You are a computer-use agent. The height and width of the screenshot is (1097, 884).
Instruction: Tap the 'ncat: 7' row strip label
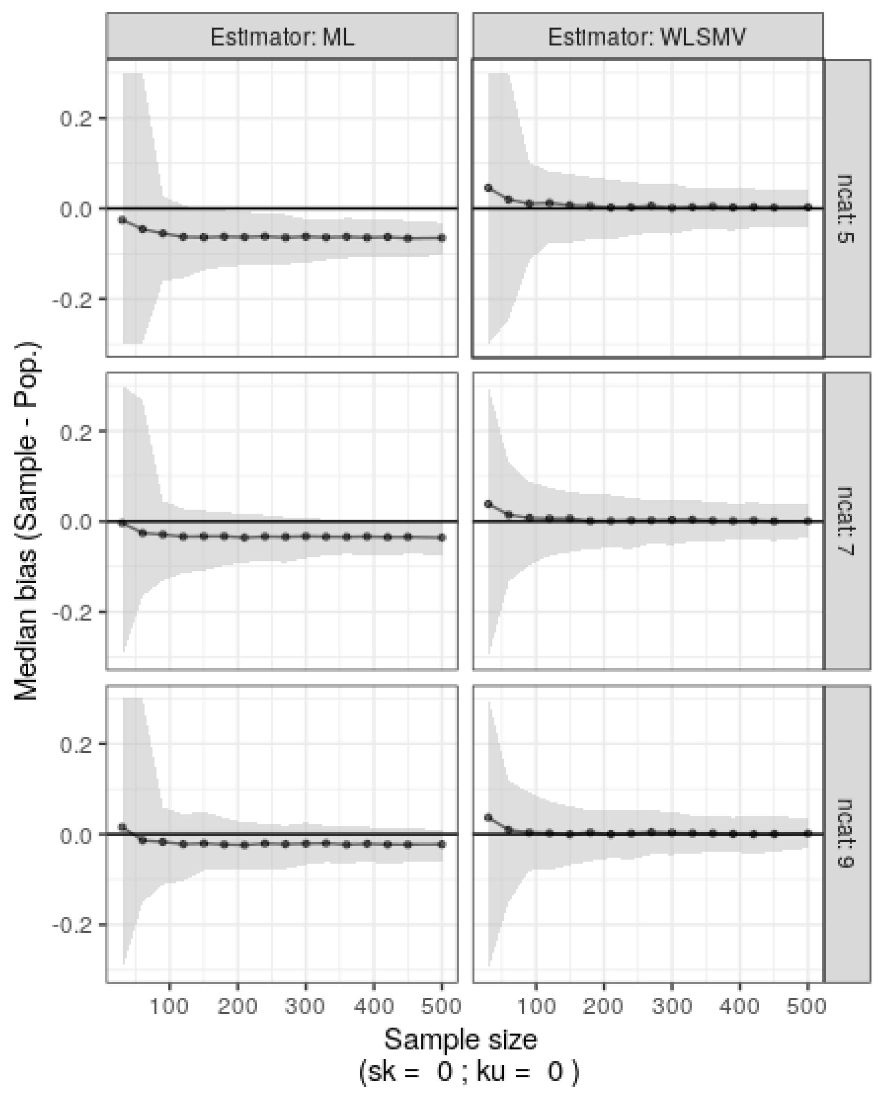(x=846, y=521)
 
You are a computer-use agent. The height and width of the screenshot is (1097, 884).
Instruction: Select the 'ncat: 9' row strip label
(x=846, y=833)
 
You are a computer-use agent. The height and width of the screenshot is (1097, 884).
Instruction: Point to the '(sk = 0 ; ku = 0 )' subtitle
(x=469, y=1071)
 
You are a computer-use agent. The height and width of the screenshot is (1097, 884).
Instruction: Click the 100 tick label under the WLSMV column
(x=536, y=1006)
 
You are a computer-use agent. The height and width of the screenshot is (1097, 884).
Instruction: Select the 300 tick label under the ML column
(x=305, y=1006)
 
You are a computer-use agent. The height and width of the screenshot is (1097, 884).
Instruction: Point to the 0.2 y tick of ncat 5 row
(x=75, y=119)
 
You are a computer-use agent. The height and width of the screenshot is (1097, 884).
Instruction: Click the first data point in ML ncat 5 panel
(x=122, y=220)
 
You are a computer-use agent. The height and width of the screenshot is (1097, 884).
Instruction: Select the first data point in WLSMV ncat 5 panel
(x=488, y=188)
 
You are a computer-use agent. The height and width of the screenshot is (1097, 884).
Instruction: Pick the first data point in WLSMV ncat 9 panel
(x=488, y=818)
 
